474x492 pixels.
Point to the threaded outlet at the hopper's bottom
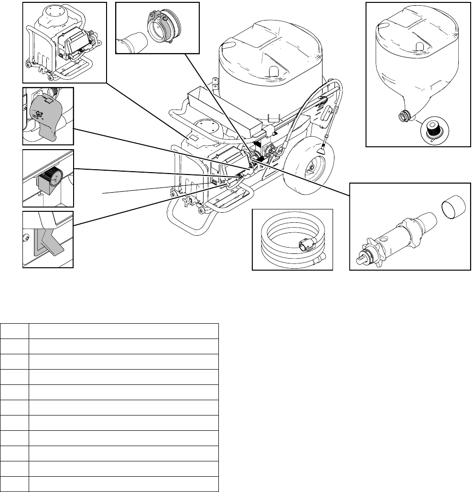click(404, 116)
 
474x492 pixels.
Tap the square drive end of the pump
click(359, 257)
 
